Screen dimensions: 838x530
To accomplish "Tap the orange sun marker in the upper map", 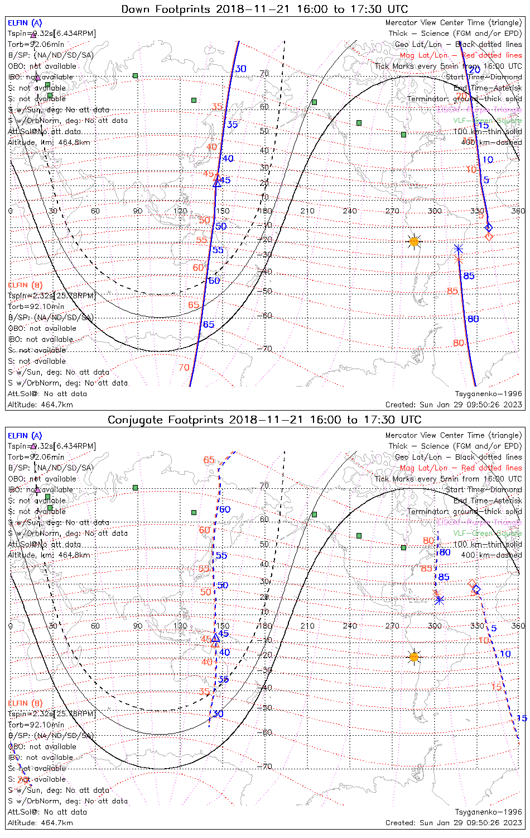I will coord(413,242).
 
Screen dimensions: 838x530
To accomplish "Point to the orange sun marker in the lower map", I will coord(413,657).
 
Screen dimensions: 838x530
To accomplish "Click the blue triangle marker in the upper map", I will coord(217,183).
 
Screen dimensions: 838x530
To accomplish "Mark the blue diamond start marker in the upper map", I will coord(489,227).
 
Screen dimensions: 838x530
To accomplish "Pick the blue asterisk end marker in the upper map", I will coord(458,249).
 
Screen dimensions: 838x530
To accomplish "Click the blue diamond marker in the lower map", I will coord(476,589).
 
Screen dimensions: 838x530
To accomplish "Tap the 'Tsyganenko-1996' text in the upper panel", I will coord(488,394).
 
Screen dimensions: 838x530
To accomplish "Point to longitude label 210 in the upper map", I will coord(307,211).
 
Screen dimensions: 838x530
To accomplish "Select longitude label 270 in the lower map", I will coord(392,626).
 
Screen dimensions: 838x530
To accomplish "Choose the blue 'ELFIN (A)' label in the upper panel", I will coord(25,23).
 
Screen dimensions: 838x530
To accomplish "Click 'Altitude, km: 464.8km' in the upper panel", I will coord(49,142).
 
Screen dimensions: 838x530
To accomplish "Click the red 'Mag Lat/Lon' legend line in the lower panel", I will coord(460,468).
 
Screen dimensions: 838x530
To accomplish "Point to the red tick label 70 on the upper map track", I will coord(184,368).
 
